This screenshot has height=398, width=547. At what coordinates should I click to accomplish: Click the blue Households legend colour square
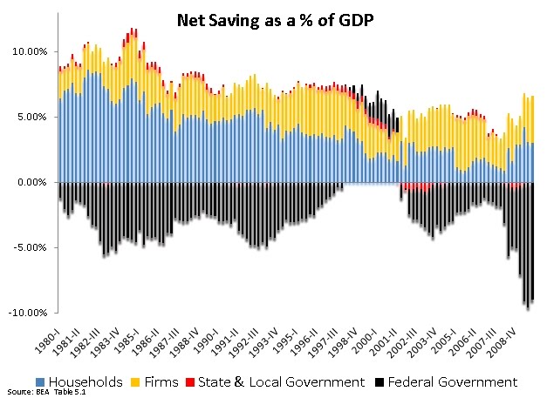pos(40,382)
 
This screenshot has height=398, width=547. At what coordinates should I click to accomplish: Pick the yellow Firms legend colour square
pos(135,382)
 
